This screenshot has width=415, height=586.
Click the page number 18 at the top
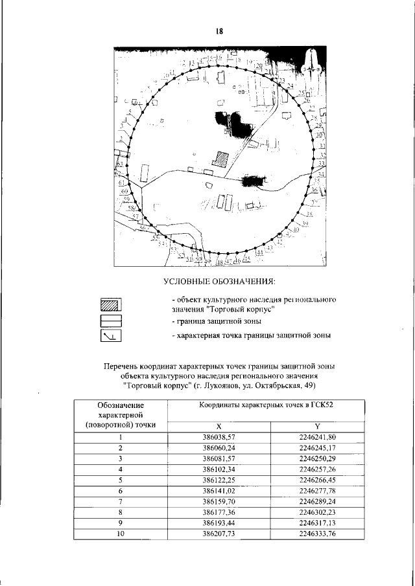(x=219, y=30)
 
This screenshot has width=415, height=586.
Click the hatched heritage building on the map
(x=222, y=159)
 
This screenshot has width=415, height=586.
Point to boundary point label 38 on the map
(x=310, y=213)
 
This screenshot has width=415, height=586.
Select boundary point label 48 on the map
(x=220, y=263)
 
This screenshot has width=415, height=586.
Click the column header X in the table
(x=219, y=426)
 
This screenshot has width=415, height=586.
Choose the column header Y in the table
(x=317, y=426)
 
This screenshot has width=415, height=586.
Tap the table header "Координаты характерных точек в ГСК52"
(x=267, y=405)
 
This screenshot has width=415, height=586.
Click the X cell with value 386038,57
(x=219, y=438)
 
